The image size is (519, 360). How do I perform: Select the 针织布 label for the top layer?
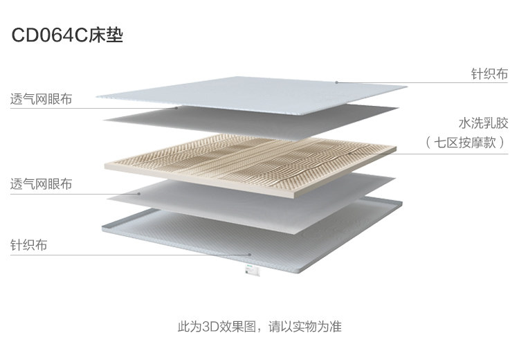click(489, 73)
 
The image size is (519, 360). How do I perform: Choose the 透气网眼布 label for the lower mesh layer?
click(41, 184)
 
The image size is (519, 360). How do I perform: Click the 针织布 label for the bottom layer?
click(28, 245)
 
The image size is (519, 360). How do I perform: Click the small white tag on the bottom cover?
click(251, 272)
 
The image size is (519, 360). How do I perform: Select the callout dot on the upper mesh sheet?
click(177, 108)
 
